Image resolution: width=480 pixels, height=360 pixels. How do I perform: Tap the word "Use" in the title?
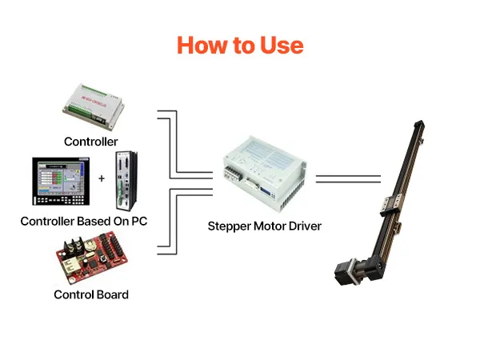(282, 46)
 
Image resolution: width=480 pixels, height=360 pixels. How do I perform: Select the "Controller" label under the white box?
(91, 142)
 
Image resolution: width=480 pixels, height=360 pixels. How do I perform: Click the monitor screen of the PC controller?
(61, 178)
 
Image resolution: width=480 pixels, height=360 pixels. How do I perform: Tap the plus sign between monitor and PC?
(102, 178)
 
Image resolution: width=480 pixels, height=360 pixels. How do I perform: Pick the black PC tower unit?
(126, 181)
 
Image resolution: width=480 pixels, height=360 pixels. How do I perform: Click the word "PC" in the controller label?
(139, 221)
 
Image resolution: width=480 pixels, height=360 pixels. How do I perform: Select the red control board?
(91, 258)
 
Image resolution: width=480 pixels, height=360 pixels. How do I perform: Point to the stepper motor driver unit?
(264, 174)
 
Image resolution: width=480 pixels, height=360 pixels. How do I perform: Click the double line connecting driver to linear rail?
(348, 179)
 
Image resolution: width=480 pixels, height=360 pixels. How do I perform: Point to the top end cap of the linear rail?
(418, 125)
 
